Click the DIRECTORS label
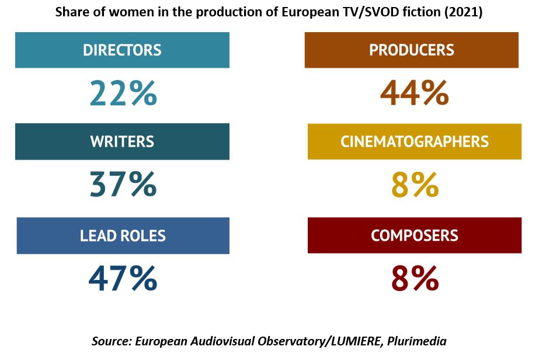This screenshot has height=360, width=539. tap(122, 50)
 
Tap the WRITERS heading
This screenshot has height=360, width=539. tap(122, 141)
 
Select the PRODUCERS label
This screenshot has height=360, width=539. tap(411, 50)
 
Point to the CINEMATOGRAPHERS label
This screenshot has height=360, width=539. tap(414, 141)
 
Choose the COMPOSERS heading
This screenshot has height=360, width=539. tap(414, 236)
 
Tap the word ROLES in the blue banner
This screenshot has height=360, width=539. tap(142, 236)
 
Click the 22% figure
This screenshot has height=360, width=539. tap(123, 93)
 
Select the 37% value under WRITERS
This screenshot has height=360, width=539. tap(123, 185)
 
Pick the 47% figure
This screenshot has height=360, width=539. tap(123, 279)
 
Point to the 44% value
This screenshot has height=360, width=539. tap(414, 93)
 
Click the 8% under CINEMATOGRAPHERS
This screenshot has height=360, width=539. tap(415, 185)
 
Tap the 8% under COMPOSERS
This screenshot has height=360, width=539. tap(415, 279)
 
